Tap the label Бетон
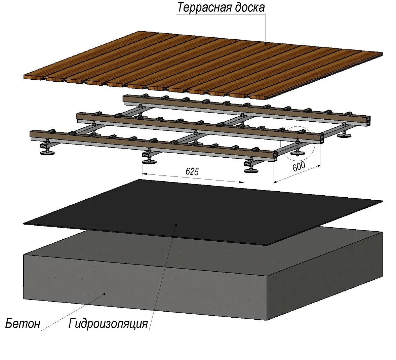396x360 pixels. pos(23,323)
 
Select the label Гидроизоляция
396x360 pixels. pos(108,323)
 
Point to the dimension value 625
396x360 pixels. pos(192,172)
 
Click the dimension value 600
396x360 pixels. pos(299,166)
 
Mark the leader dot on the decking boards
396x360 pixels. pos(265,43)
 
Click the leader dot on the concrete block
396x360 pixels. pos(105,294)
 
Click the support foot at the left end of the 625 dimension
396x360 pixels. pos(149,161)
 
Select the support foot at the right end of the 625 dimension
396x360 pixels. pos(252,170)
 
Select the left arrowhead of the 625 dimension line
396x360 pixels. pos(144,174)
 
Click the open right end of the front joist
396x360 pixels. pos(275,156)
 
